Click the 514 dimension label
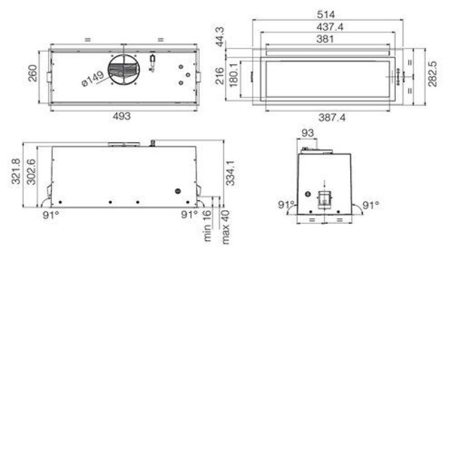coord(326,15)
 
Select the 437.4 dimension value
coord(330,27)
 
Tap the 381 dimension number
coord(325,39)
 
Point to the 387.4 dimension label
coord(332,117)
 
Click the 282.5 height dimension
coord(432,74)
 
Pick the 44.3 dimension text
coord(220,37)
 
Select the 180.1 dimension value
coord(234,76)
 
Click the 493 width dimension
coord(122,116)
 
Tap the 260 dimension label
coord(33,73)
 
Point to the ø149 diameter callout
coord(92,79)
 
